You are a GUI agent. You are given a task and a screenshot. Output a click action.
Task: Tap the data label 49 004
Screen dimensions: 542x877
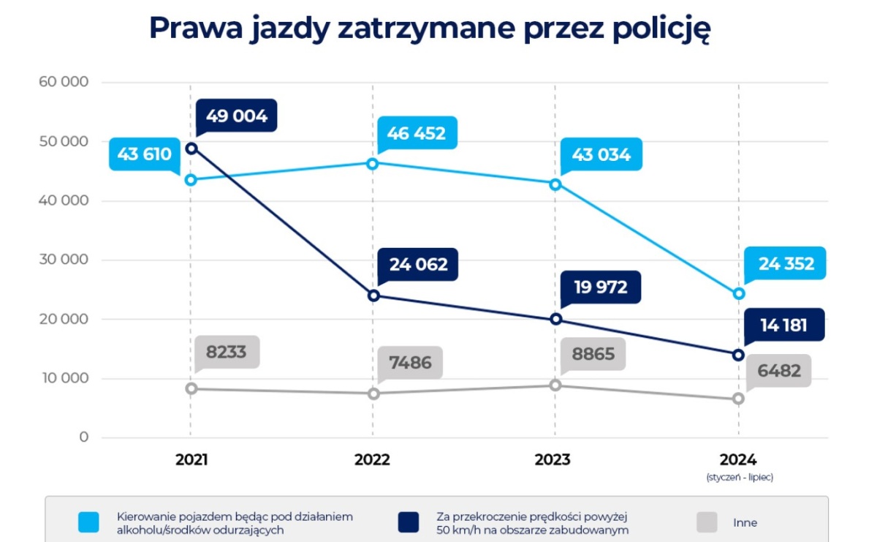236,116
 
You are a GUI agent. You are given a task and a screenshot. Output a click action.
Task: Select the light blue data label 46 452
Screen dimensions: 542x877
417,134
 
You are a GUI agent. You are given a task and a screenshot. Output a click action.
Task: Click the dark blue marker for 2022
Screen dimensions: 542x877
373,296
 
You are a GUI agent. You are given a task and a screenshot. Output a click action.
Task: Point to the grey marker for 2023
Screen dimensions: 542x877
555,385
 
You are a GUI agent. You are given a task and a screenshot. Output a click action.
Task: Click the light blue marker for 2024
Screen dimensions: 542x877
739,293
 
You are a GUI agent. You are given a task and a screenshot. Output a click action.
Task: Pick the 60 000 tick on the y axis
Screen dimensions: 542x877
64,82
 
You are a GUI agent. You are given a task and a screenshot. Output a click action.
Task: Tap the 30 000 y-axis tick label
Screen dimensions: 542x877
64,260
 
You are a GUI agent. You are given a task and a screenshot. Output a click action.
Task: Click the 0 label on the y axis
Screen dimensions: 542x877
84,437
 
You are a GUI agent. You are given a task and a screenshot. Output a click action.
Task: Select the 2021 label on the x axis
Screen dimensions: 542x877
191,460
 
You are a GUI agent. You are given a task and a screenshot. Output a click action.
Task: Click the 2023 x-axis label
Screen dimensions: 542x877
553,460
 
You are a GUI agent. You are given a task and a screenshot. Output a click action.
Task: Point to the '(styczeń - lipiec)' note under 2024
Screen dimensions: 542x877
739,478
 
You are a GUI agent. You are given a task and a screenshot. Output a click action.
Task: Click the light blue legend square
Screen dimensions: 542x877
89,522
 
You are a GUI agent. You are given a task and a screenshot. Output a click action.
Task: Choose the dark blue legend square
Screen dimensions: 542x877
408,522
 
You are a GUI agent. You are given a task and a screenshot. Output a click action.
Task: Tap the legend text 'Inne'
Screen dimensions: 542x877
745,523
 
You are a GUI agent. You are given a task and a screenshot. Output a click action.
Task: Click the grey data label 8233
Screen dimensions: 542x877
227,353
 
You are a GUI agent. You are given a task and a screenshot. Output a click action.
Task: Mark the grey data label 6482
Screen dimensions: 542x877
779,371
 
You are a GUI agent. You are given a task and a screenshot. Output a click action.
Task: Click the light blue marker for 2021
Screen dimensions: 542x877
191,180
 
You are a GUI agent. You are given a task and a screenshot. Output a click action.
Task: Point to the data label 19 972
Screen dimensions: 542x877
600,287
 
